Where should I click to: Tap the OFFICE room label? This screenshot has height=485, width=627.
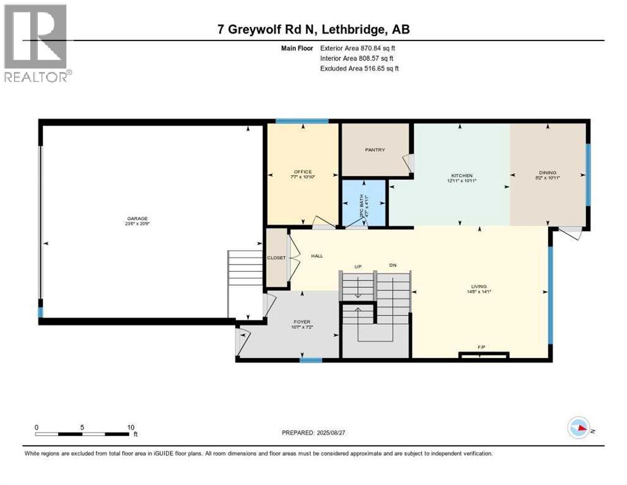tap(303, 172)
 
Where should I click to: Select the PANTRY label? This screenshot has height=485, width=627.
tap(375, 150)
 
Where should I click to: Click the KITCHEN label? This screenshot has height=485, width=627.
tap(462, 176)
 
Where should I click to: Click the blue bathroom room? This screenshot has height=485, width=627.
tap(363, 203)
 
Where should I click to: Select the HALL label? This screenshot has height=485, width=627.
tap(317, 256)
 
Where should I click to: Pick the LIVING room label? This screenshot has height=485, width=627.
tap(478, 286)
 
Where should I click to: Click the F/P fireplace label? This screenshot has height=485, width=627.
tap(481, 347)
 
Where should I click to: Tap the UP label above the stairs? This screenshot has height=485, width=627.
tap(357, 266)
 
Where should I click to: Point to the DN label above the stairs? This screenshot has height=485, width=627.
tap(392, 266)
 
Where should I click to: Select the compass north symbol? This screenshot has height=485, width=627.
tap(580, 428)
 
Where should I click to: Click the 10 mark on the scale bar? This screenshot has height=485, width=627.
tap(131, 427)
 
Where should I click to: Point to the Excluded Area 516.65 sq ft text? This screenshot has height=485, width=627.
tap(359, 68)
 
